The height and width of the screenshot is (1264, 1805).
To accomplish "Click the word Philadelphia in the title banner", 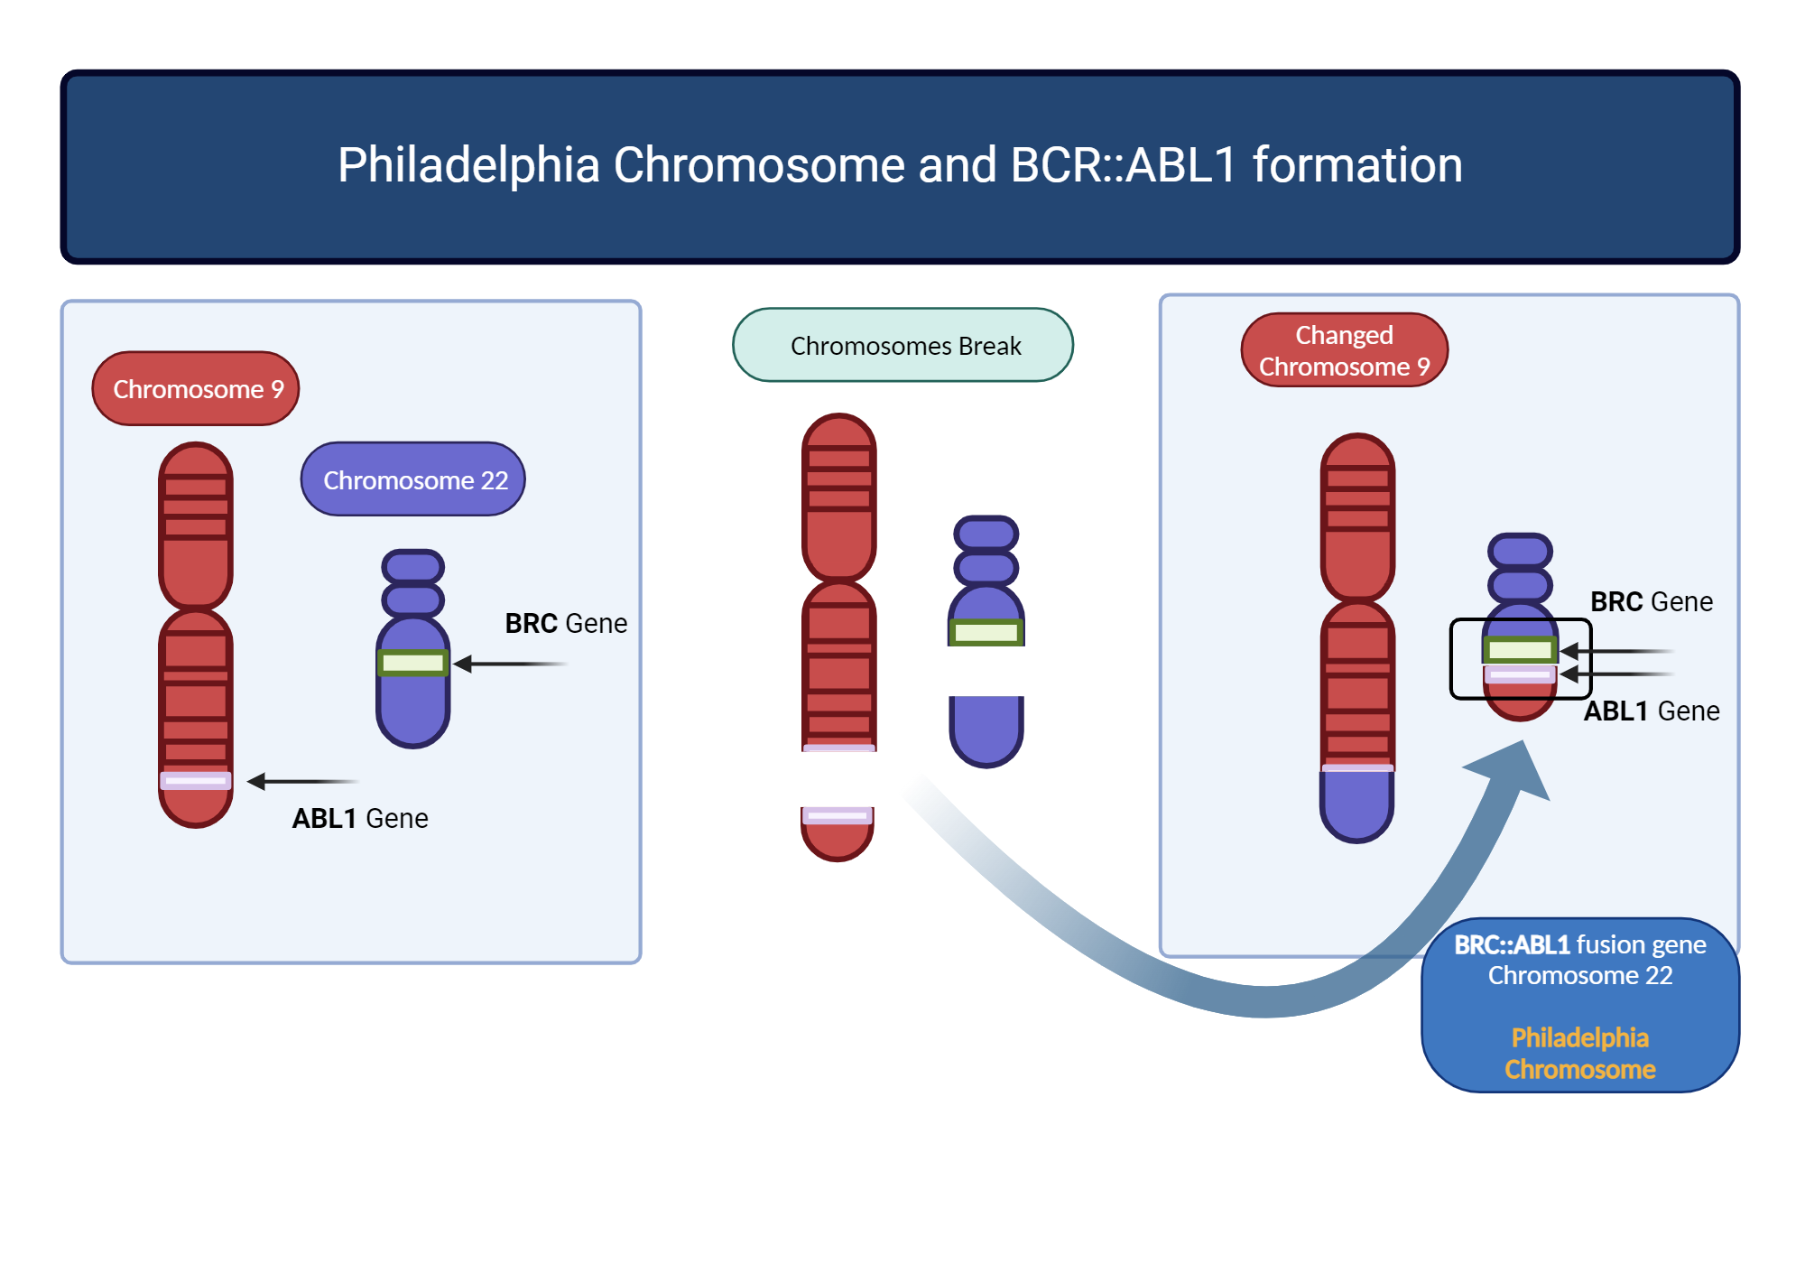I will click(x=468, y=166).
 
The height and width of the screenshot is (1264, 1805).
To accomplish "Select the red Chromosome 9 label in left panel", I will click(x=196, y=389).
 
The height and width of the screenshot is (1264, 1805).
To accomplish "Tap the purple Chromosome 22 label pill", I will click(x=413, y=479).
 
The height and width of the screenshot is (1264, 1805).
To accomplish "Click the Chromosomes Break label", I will click(x=903, y=346).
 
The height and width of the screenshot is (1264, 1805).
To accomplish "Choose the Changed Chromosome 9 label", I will click(x=1344, y=350).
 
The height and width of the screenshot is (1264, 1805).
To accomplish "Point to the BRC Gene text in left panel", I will click(x=566, y=624).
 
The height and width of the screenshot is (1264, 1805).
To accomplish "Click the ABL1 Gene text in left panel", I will click(x=360, y=819).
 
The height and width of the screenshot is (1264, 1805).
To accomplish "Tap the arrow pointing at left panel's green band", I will click(x=510, y=665).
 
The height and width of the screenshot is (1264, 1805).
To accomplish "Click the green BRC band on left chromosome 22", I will click(x=412, y=664).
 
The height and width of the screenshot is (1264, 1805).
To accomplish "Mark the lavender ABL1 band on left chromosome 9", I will click(x=196, y=781).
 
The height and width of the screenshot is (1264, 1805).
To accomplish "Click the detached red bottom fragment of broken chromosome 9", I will click(x=837, y=835).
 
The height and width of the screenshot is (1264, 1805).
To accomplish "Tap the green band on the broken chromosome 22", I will click(x=986, y=633).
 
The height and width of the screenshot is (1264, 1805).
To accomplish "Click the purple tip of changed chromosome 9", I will click(x=1356, y=805).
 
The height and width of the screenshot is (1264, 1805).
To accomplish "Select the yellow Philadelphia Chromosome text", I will click(x=1579, y=1054).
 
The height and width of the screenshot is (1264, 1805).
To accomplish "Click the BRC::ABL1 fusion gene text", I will click(x=1579, y=945).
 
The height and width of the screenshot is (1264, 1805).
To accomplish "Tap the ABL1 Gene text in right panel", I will click(x=1652, y=711).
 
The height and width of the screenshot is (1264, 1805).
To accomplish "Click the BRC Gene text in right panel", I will click(x=1651, y=602).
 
